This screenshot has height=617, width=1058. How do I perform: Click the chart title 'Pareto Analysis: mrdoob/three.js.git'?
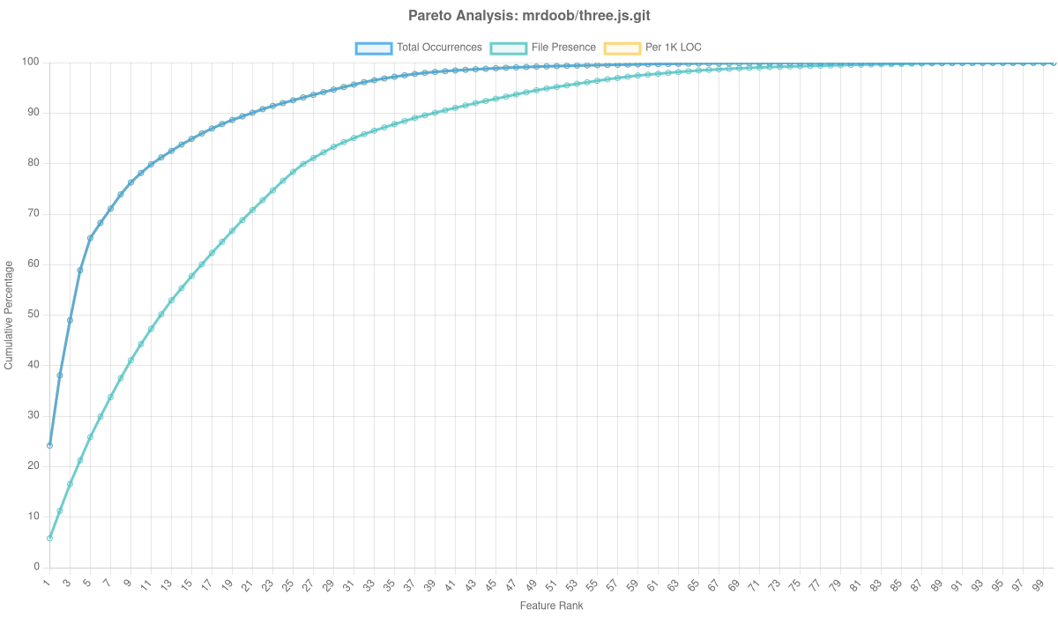(x=529, y=16)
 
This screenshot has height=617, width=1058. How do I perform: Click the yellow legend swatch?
(x=622, y=48)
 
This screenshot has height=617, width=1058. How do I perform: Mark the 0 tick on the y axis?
(x=36, y=566)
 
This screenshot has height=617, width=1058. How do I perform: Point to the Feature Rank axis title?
(x=551, y=606)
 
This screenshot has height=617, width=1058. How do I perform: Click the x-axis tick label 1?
(x=47, y=584)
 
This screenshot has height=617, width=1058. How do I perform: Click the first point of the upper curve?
(x=49, y=445)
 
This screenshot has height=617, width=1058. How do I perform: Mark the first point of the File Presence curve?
(x=49, y=538)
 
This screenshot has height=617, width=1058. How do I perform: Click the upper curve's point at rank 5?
(x=90, y=238)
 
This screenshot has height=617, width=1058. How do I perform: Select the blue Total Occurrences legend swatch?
(x=373, y=48)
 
